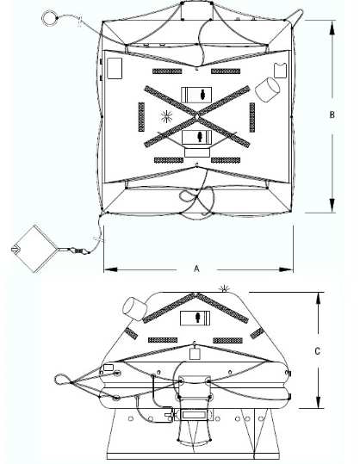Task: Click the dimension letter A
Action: (x=196, y=269)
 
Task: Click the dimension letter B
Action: (x=332, y=114)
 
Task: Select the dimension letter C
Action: (x=317, y=351)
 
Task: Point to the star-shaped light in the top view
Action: (x=167, y=116)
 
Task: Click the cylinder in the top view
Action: (x=267, y=90)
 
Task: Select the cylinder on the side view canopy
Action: (x=134, y=309)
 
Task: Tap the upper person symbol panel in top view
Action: (x=196, y=95)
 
